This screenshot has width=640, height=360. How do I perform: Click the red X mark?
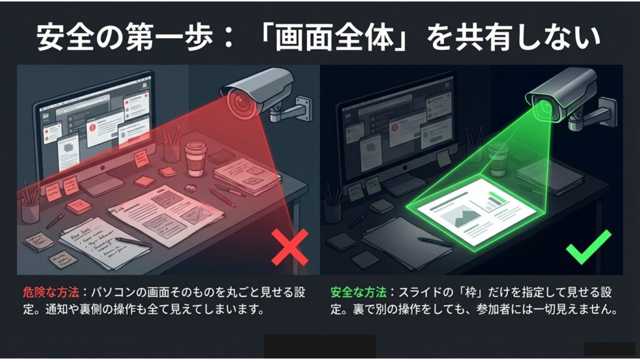(289, 246)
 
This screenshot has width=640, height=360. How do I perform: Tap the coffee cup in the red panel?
(195, 158)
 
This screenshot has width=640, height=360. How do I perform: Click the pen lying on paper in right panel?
(436, 241)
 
